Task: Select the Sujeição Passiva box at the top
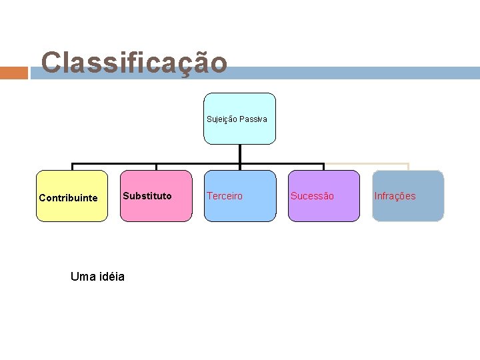[x=239, y=119]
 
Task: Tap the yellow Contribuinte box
[x=72, y=196]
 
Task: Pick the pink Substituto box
[x=156, y=196]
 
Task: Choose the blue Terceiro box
[x=240, y=196]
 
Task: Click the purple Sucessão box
[x=323, y=196]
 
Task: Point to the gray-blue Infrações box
[x=408, y=196]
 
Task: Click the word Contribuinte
[x=68, y=198]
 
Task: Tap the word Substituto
[x=147, y=196]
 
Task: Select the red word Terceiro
[x=225, y=196]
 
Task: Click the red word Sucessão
[x=312, y=196]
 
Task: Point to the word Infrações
[x=395, y=196]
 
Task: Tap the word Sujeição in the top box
[x=221, y=119]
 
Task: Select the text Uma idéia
[x=97, y=277]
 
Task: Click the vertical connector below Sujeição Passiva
[x=240, y=153]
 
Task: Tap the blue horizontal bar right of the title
[x=353, y=73]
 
